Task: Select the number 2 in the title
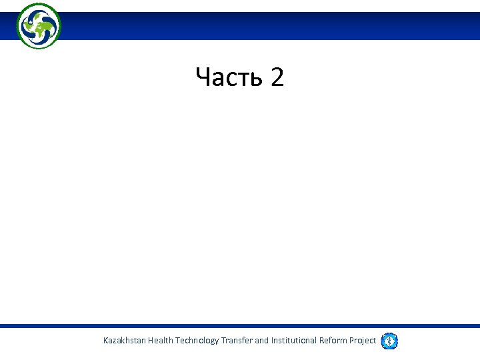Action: pos(277,78)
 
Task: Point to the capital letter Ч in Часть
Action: pos(203,78)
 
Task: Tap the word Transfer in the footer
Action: pos(237,341)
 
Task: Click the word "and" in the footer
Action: pos(262,341)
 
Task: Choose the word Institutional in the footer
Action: pos(294,341)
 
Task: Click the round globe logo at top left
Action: pos(39,26)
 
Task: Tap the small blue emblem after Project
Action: pos(389,341)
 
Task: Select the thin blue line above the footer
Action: pos(240,326)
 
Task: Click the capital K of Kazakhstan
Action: pos(106,341)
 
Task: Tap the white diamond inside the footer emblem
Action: pos(389,341)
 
